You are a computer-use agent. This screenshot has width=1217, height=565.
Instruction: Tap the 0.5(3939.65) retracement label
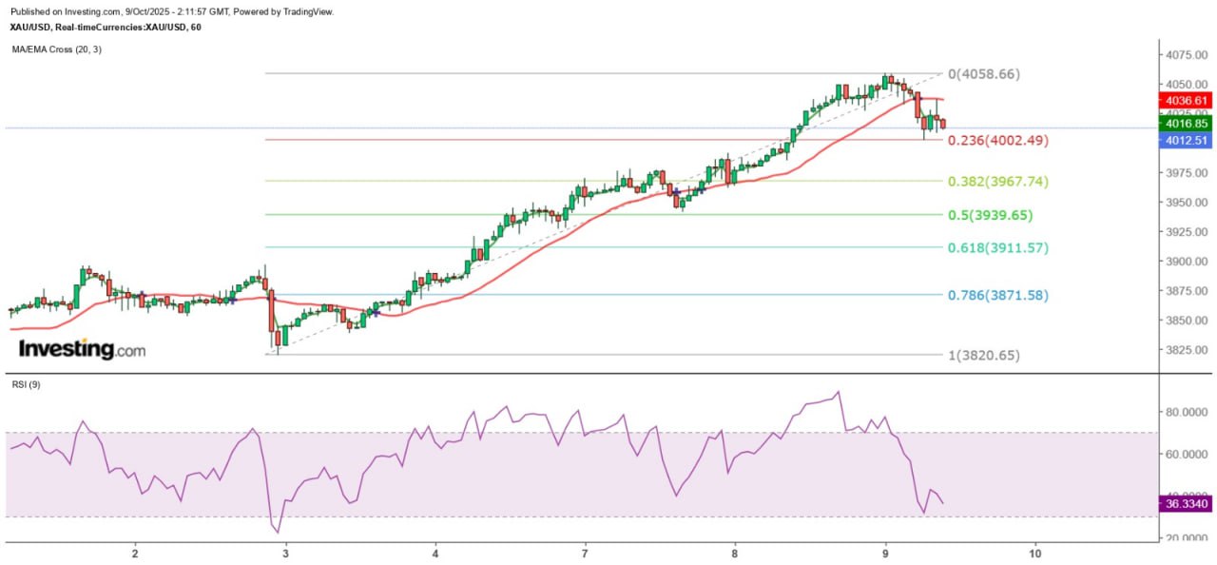click(990, 215)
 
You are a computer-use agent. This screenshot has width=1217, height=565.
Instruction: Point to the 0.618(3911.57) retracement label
click(996, 247)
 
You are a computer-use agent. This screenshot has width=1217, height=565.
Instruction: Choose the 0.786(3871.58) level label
click(996, 295)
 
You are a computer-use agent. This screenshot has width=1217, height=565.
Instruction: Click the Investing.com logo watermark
click(83, 349)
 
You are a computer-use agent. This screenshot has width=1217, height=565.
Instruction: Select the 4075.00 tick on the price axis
click(1188, 54)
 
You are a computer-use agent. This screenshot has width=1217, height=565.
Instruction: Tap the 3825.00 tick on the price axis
click(1188, 350)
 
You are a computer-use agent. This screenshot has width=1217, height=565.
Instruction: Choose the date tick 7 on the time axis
click(585, 554)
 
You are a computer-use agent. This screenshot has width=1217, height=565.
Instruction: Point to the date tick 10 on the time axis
click(1035, 554)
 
